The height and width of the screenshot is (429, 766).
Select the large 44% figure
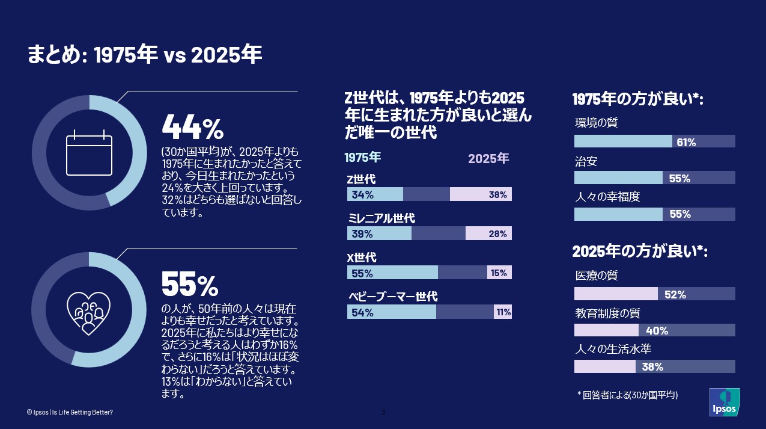pos(193,127)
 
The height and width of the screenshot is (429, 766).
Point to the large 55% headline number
pos(190,284)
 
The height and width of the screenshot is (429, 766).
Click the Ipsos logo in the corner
pos(724,402)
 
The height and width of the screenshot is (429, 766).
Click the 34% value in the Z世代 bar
pos(362,194)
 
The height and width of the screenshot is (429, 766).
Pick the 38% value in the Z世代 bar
pos(497,194)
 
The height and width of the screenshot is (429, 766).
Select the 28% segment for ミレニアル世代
pos(497,233)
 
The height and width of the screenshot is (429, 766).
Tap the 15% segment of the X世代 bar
pos(499,273)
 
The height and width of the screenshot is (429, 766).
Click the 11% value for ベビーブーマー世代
pos(503,312)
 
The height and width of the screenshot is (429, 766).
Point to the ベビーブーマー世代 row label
pos(393,297)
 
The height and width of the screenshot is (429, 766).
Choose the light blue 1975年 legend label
pos(362,158)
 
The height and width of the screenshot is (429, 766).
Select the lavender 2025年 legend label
pos(488,159)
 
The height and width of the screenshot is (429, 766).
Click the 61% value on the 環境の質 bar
pos(686,142)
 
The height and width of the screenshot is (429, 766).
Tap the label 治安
pos(586,161)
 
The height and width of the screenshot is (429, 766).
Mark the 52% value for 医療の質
pos(675,294)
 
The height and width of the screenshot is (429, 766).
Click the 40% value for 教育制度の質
pos(657,330)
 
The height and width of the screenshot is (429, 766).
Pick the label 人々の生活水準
pos(613,349)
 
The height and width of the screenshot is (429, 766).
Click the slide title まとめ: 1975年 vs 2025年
pos(145,55)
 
